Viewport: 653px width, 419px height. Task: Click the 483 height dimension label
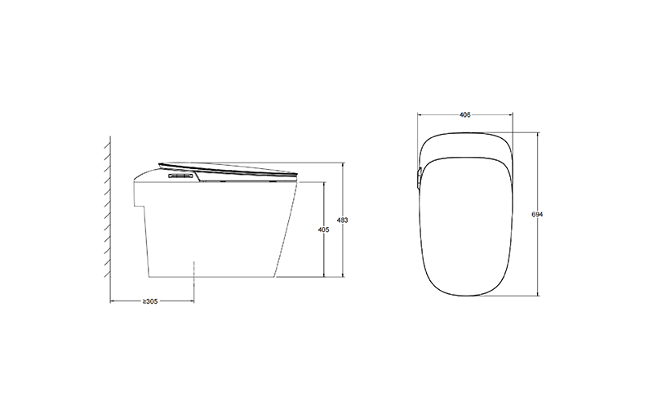[x=342, y=221]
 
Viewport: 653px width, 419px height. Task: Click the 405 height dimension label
[x=323, y=230]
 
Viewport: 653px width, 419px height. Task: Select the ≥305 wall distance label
[x=150, y=301]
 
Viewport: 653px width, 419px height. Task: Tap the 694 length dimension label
[x=537, y=214]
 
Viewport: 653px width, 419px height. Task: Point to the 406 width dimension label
[x=464, y=114]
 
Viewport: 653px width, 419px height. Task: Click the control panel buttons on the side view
[x=180, y=176]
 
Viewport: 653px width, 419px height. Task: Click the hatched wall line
[x=110, y=207]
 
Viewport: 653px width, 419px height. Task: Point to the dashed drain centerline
[x=194, y=282]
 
